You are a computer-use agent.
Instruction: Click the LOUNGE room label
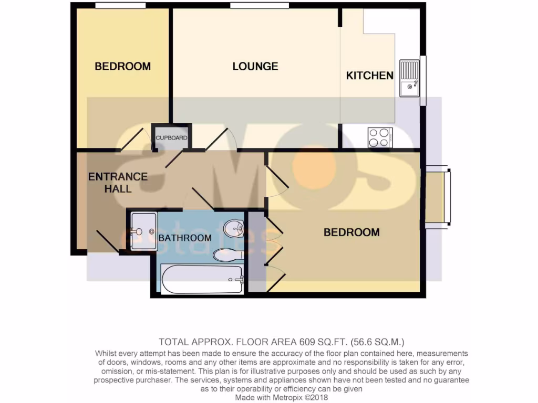pyautogui.click(x=255, y=67)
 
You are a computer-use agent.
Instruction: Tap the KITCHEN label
pyautogui.click(x=369, y=76)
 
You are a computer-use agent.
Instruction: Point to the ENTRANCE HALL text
pyautogui.click(x=118, y=183)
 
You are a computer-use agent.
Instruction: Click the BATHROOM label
pyautogui.click(x=185, y=238)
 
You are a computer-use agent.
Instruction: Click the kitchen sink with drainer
pyautogui.click(x=409, y=78)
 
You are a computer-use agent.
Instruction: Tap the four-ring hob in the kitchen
pyautogui.click(x=379, y=137)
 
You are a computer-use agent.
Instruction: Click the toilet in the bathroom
pyautogui.click(x=227, y=255)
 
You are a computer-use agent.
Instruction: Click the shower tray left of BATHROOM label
pyautogui.click(x=142, y=231)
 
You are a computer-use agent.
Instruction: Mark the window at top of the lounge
pyautogui.click(x=260, y=6)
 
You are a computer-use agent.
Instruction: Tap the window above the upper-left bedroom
pyautogui.click(x=120, y=6)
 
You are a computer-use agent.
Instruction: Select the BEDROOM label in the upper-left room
pyautogui.click(x=122, y=67)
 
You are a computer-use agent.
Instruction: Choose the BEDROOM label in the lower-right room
pyautogui.click(x=351, y=232)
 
